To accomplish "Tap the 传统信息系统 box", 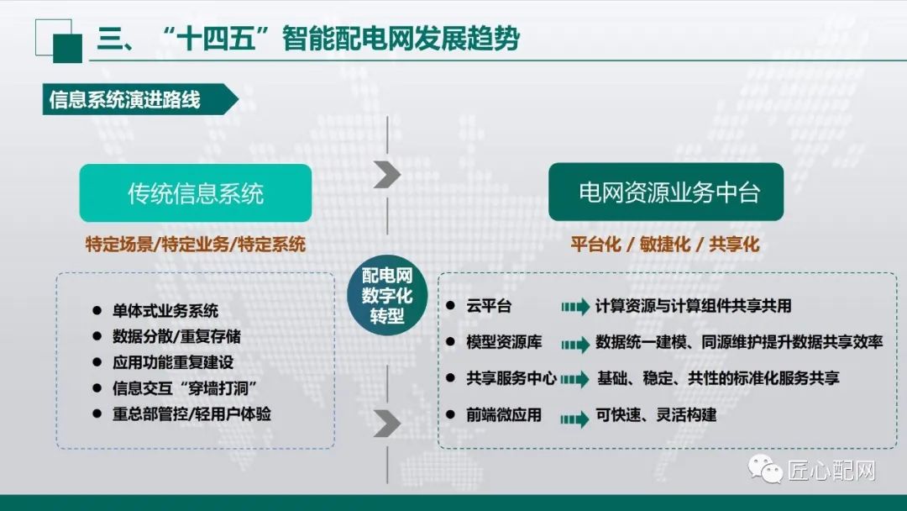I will [196, 193].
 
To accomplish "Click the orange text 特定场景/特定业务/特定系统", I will [196, 245].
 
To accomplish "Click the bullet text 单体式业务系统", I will [165, 310].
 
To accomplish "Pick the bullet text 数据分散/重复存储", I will [176, 336].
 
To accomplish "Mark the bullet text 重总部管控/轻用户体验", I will [191, 414].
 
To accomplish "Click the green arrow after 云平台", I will [575, 308].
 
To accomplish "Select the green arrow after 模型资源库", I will [575, 344].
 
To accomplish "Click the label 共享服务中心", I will [511, 379].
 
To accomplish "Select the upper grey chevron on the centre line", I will [387, 174].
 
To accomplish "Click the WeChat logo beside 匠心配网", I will [768, 469].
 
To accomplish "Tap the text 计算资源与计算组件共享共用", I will [693, 307].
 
